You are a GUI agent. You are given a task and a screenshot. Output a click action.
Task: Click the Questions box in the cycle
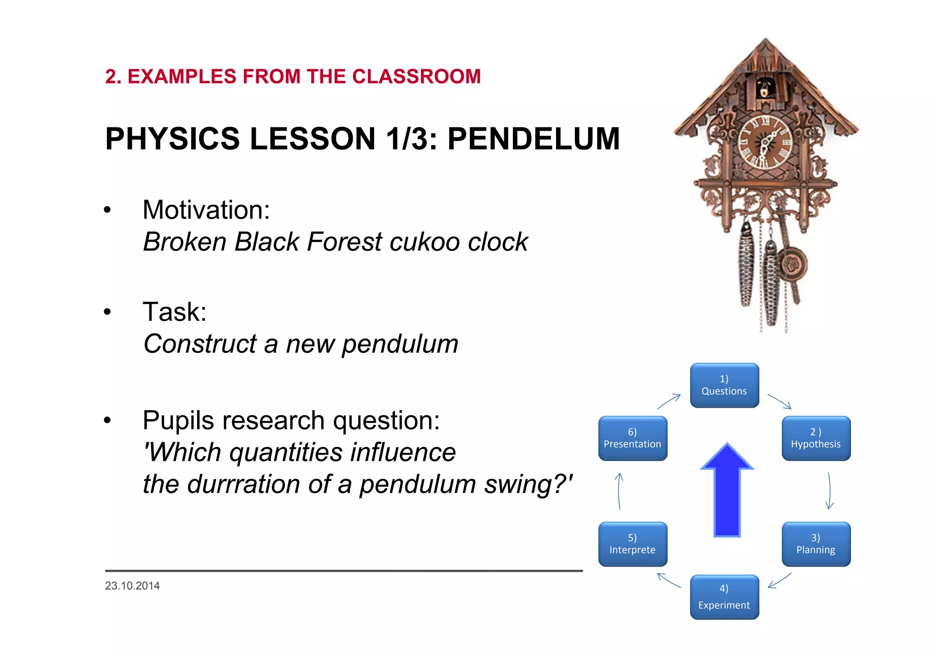pos(724,385)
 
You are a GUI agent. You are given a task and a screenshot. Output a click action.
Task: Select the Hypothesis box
pos(816,438)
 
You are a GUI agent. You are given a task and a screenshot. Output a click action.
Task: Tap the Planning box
pos(816,544)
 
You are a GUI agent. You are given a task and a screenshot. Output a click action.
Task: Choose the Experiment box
pos(724,597)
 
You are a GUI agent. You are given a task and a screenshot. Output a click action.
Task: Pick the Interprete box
pos(633,544)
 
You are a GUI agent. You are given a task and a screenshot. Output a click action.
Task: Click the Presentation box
pos(633,438)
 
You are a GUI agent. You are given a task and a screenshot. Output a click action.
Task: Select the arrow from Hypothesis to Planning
pos(830,491)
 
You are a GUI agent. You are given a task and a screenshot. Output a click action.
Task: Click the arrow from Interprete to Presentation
pos(619,491)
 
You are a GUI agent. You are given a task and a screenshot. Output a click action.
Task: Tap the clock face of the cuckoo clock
pos(765,142)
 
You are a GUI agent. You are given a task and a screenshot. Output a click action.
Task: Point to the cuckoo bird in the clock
pos(765,88)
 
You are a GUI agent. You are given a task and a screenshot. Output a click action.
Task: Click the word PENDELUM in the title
pos(533,139)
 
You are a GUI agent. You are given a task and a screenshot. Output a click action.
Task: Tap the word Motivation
pos(206,210)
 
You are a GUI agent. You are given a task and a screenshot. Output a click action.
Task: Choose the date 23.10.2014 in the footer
pos(132,586)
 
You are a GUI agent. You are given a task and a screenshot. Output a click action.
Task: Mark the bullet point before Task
pos(107,312)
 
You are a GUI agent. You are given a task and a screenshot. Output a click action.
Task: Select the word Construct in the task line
pos(200,344)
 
